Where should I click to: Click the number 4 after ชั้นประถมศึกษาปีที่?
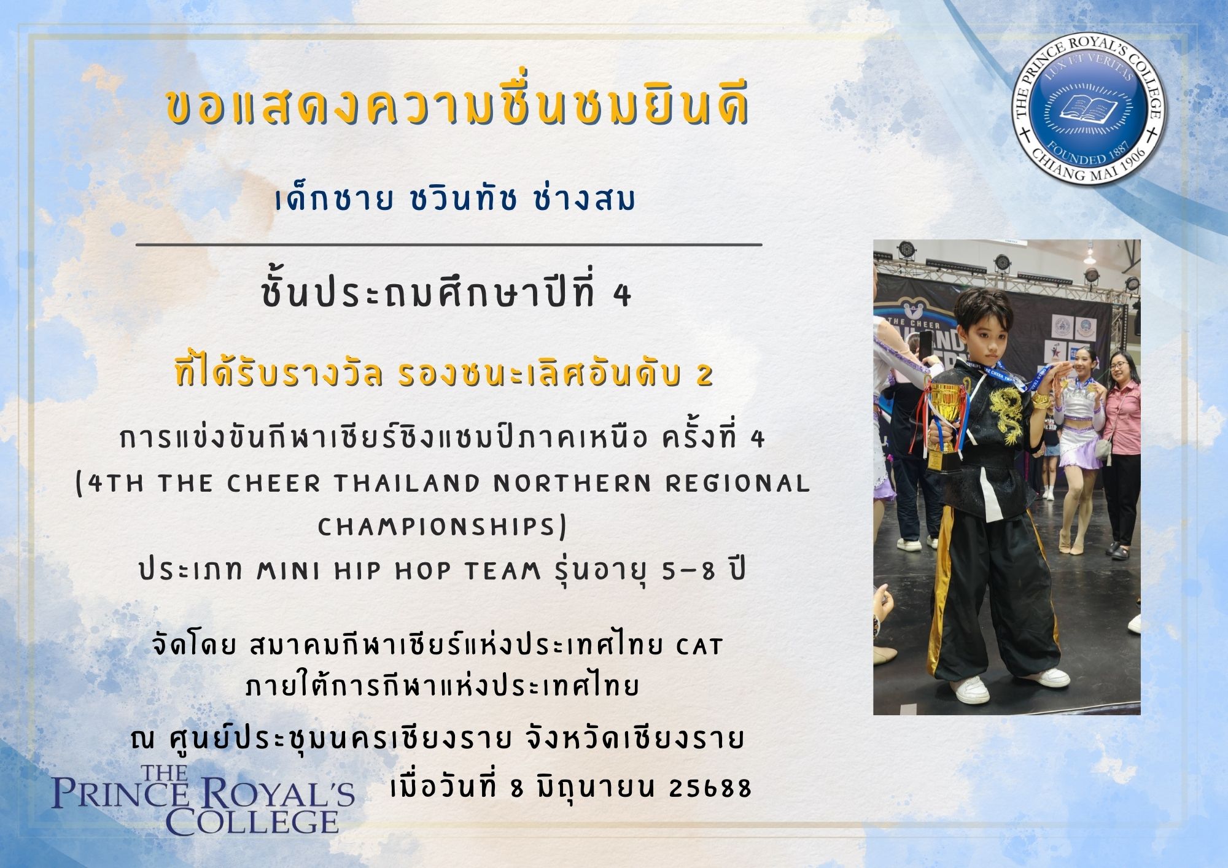click(623, 297)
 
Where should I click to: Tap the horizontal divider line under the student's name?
click(449, 244)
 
